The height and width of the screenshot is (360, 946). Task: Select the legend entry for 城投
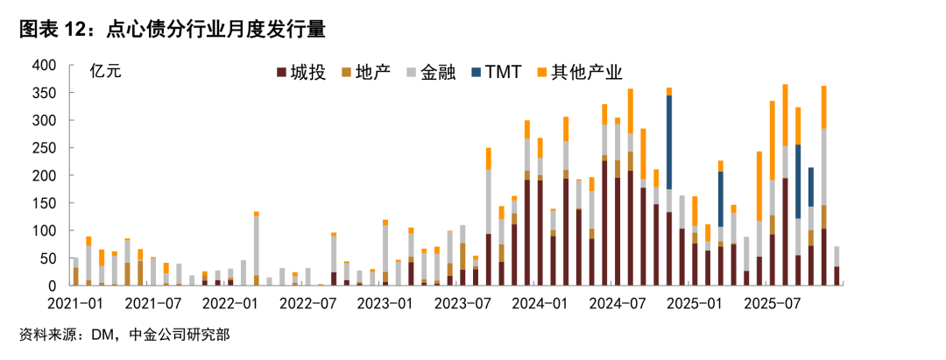click(x=301, y=73)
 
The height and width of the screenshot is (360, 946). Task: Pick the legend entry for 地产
click(x=371, y=73)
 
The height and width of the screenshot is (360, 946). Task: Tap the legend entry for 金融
click(x=434, y=73)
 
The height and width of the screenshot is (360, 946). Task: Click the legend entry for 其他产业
click(x=579, y=73)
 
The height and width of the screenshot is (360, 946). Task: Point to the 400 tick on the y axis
click(x=44, y=66)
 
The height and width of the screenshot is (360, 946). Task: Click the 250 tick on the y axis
click(x=44, y=148)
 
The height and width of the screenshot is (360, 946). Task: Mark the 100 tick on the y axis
click(x=44, y=230)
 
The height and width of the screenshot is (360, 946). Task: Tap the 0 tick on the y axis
click(x=52, y=286)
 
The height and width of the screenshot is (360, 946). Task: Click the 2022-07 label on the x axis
click(x=306, y=304)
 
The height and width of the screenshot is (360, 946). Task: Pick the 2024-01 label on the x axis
click(x=537, y=304)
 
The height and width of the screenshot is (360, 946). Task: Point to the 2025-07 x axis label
click(x=768, y=304)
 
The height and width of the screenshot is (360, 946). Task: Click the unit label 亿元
click(x=106, y=73)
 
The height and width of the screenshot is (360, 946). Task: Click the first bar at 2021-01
click(x=75, y=272)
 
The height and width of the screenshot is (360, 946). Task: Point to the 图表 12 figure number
click(x=50, y=30)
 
